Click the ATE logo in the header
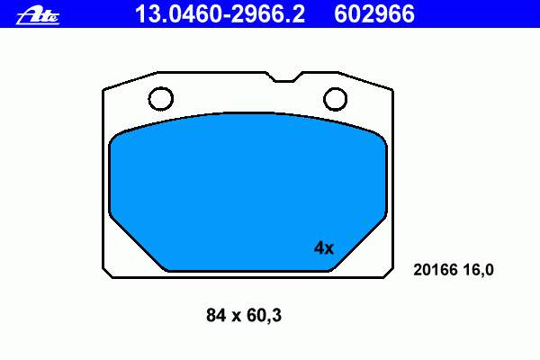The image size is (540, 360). tap(38, 16)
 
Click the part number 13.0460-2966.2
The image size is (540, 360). tap(220, 14)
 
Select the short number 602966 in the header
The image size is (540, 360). tap(374, 14)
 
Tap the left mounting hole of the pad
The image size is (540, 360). tap(161, 99)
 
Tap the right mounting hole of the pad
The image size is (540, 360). tap(335, 99)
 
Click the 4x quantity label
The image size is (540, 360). tap(324, 247)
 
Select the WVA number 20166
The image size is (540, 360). tap(436, 270)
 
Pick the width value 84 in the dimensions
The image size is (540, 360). tap(216, 315)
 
